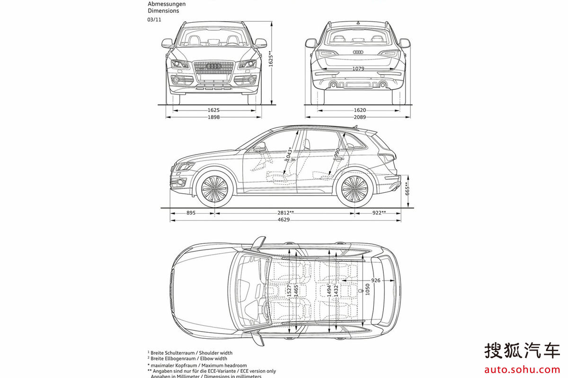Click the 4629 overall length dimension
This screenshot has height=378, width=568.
[284, 220]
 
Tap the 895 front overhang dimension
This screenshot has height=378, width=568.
[191, 213]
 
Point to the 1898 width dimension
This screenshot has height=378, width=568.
[213, 117]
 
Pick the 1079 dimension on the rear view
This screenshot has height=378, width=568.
[358, 69]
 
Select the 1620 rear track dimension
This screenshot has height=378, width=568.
[360, 110]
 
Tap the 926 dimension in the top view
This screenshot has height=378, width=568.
[376, 280]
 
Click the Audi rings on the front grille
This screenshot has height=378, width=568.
[214, 67]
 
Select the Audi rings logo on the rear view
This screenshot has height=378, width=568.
[358, 52]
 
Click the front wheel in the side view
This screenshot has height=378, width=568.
[214, 189]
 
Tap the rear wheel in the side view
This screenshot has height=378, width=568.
[355, 189]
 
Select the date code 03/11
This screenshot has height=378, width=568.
[154, 20]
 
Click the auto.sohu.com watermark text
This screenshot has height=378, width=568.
[521, 368]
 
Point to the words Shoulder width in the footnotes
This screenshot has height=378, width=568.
[216, 352]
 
